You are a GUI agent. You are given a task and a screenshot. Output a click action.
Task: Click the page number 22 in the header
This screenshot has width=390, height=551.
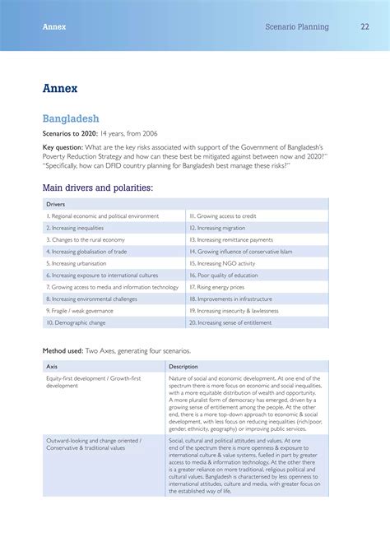point(364,27)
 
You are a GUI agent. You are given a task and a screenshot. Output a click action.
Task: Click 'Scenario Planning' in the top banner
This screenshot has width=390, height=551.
point(297,27)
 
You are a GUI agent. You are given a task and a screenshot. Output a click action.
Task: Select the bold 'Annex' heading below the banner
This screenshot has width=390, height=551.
point(60,87)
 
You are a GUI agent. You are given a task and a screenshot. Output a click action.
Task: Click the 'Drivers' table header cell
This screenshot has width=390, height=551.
point(55,204)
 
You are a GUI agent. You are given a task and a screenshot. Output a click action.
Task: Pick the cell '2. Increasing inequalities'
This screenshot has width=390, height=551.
point(75,228)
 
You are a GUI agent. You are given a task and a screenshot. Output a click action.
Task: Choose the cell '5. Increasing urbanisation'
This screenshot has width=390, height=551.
point(76,263)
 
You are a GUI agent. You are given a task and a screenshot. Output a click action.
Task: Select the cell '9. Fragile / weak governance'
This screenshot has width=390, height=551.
point(79,311)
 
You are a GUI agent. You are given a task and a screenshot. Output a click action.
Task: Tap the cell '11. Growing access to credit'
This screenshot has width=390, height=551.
point(223,215)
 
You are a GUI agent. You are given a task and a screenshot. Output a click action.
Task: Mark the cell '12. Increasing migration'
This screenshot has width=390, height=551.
point(217,228)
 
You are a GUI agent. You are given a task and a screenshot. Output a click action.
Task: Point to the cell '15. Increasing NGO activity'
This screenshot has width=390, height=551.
point(223,263)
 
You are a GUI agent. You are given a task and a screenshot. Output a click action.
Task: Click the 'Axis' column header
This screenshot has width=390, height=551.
point(52,366)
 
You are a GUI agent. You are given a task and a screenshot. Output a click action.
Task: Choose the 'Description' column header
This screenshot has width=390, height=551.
point(183,366)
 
